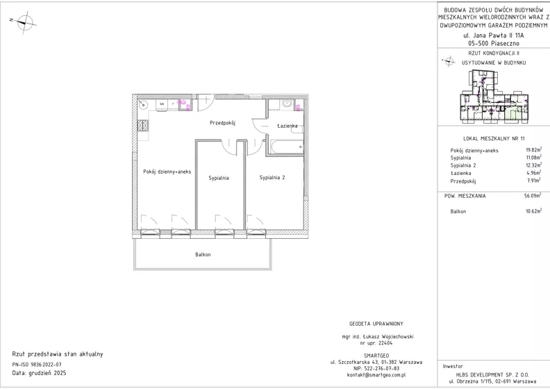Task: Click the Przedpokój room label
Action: coord(222,123)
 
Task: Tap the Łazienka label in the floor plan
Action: coord(287,126)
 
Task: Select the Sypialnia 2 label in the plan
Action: coord(272,178)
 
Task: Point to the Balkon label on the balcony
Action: coord(203,254)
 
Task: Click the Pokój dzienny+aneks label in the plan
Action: coord(167,172)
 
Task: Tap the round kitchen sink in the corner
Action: coord(143,104)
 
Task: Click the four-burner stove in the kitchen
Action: coord(143,125)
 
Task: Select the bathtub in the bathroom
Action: coord(287,147)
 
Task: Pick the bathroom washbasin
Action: coord(287,104)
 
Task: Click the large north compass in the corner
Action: coord(24,22)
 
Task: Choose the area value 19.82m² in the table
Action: coord(533,150)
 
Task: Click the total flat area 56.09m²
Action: coord(533,196)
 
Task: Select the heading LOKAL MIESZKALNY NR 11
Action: coord(494,138)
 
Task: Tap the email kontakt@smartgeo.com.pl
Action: coord(376,374)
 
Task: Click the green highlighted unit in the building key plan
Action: coord(513,114)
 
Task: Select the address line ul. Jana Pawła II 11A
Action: coord(494,35)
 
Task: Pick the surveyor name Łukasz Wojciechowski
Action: coord(388,336)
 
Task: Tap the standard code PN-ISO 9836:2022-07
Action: coord(37,365)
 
